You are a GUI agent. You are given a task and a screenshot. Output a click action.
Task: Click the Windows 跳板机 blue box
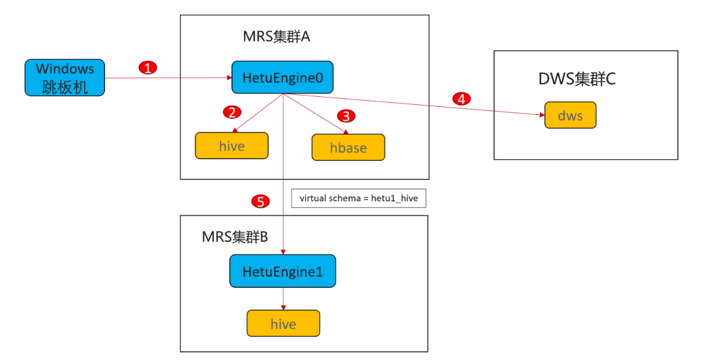click(65, 77)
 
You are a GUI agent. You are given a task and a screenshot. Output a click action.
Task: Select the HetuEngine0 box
click(282, 77)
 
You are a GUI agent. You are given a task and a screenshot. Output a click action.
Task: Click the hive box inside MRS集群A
click(231, 146)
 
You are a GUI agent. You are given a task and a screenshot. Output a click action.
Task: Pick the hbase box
click(348, 147)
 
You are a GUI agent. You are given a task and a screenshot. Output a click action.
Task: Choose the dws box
click(570, 115)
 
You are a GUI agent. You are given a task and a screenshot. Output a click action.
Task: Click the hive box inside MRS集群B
click(283, 324)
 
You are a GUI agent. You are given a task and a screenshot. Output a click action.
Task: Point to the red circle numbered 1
click(148, 67)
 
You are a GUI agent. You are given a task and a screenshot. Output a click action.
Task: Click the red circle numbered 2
click(232, 112)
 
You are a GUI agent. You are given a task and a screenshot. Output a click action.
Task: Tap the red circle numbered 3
click(346, 116)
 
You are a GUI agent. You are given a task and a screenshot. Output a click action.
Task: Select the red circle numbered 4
click(460, 99)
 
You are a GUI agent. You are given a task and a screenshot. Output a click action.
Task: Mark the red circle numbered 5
click(260, 201)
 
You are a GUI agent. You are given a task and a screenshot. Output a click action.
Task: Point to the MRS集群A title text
click(276, 37)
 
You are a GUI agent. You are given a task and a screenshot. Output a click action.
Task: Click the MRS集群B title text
click(234, 237)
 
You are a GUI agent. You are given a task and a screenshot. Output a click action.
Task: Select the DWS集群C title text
click(576, 79)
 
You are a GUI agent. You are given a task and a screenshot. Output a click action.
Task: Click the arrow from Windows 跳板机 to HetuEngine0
click(167, 78)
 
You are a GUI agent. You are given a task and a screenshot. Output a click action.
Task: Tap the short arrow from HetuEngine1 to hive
click(283, 299)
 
